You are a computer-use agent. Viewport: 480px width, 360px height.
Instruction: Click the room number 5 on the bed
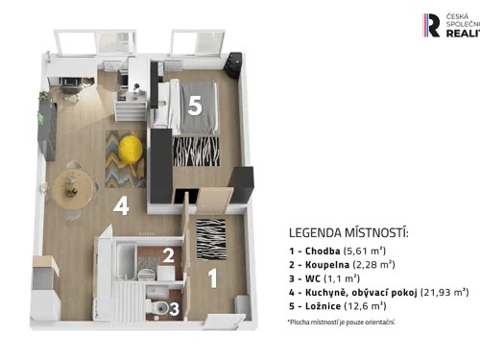click(194, 107)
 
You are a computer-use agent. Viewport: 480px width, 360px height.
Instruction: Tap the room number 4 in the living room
click(120, 205)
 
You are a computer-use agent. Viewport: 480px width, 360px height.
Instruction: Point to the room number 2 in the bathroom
click(167, 255)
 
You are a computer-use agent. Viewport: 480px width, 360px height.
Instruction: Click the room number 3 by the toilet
click(174, 308)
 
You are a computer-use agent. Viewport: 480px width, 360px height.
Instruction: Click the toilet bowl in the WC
click(156, 306)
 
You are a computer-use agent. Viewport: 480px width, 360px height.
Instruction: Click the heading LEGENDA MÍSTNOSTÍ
click(348, 233)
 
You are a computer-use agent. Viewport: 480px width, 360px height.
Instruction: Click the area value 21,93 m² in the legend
click(444, 291)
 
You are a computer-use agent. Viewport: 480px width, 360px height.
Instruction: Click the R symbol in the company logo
click(433, 25)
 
